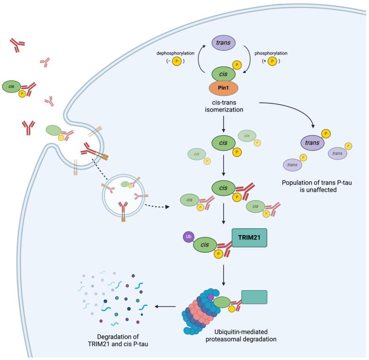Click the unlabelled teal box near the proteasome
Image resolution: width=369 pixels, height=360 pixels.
(254, 297)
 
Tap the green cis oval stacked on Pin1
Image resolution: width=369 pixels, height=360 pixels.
(221, 75)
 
